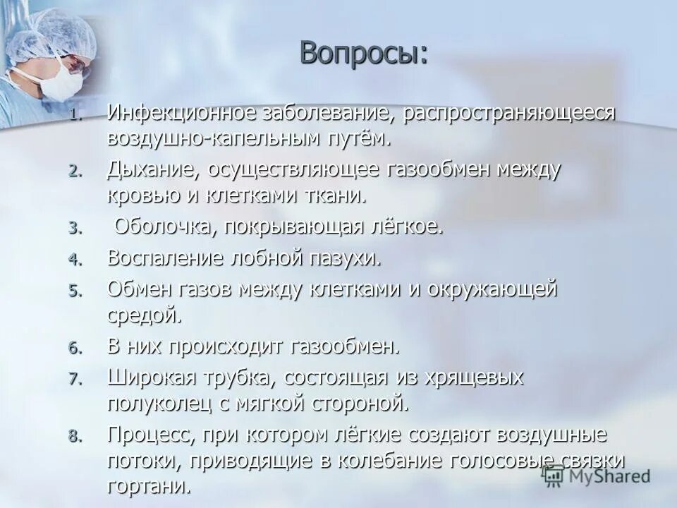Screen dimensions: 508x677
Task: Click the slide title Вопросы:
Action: tap(363, 54)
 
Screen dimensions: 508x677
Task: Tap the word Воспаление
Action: tap(165, 258)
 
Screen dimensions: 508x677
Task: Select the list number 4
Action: tap(75, 259)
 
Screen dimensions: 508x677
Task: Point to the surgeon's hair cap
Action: tap(53, 32)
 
